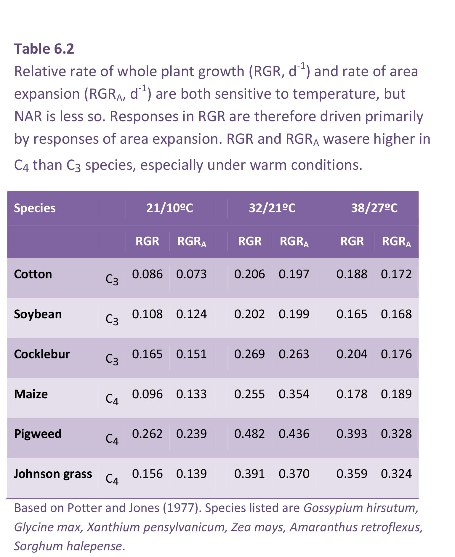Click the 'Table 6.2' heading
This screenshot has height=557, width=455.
(44, 49)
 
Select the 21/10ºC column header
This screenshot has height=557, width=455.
(169, 208)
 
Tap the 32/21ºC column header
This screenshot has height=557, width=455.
(272, 208)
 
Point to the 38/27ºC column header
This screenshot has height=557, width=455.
(374, 208)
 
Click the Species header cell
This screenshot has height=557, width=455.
(35, 208)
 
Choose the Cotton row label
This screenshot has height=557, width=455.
(33, 274)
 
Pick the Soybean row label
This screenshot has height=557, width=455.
(38, 314)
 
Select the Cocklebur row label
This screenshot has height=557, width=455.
(42, 354)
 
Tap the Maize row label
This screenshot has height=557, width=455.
(31, 394)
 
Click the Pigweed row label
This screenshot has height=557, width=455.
(38, 434)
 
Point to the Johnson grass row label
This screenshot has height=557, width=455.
(53, 474)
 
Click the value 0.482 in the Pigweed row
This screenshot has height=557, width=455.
(249, 434)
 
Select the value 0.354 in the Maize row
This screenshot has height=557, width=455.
(294, 394)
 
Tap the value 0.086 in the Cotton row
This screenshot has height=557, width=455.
(147, 274)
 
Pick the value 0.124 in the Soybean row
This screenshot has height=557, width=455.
(191, 314)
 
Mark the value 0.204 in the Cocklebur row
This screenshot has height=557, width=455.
(352, 354)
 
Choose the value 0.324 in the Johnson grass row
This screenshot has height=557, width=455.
(396, 474)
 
